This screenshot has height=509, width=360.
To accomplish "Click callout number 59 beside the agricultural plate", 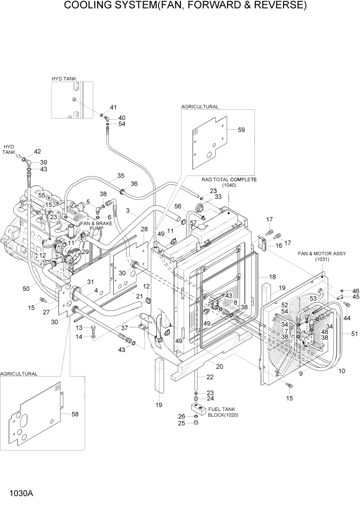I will tap(241, 130).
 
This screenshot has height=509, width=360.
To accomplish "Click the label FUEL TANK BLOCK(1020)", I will tap(224, 412).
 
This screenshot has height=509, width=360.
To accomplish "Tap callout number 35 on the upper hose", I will tap(121, 175).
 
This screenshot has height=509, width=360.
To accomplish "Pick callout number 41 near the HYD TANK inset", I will tap(113, 108).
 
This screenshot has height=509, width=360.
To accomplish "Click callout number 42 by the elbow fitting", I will tap(37, 151).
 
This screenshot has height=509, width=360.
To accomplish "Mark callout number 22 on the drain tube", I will tap(210, 377).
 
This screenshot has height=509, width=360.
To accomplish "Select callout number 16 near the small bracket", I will tap(279, 246).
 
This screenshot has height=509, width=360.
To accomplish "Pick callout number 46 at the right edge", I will tap(355, 291).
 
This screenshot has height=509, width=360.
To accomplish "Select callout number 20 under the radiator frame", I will tap(219, 366).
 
